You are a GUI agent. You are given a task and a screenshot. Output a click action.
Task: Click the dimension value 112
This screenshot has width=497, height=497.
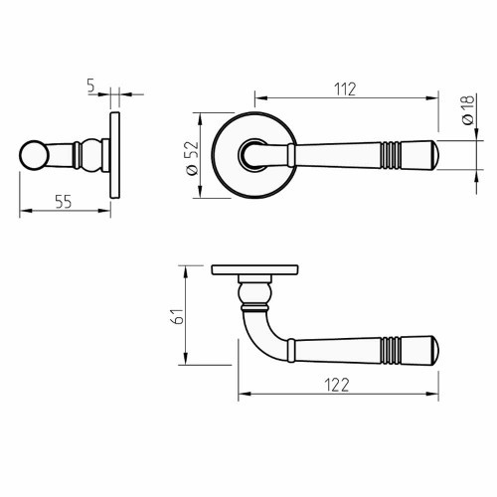point(347,86)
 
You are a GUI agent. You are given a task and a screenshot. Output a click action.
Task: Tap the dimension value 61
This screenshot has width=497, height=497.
point(177,317)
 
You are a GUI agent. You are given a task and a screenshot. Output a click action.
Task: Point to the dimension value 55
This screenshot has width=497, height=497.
point(63,201)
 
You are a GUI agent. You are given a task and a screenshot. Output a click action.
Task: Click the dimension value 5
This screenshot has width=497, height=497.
point(90,87)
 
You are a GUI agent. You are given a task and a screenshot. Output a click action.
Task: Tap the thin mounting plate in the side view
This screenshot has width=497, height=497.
point(115,156)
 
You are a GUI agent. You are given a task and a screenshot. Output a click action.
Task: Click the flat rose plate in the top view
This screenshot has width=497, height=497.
point(255,269)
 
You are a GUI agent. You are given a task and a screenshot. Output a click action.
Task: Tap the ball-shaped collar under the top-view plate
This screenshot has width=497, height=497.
point(255,290)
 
